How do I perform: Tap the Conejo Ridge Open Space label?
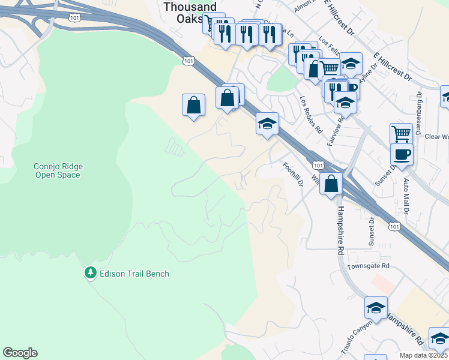point(58,170)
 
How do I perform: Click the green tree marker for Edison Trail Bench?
point(91,273)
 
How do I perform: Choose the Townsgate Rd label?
point(368,265)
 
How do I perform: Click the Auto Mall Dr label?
point(406,196)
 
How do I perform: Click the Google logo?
point(20,353)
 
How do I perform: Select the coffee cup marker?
point(402,155)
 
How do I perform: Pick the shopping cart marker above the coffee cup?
point(401,134)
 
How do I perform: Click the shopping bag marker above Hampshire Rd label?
point(331,184)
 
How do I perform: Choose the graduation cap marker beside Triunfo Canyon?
point(376,308)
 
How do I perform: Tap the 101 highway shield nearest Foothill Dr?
point(318,165)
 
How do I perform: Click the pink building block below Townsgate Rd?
point(382,281)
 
